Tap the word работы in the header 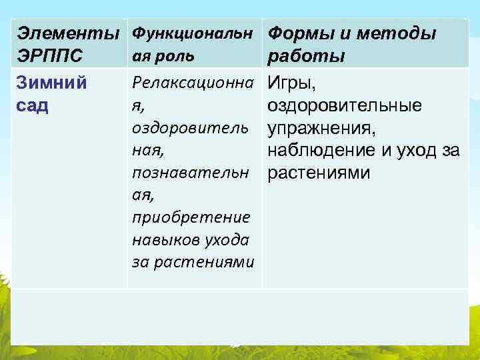[305, 56]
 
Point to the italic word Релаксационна [193, 83]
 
